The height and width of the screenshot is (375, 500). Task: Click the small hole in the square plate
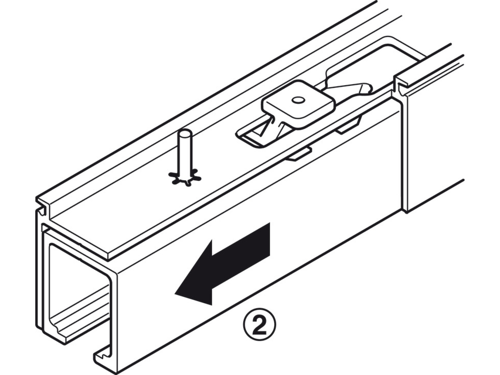(x=298, y=100)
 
